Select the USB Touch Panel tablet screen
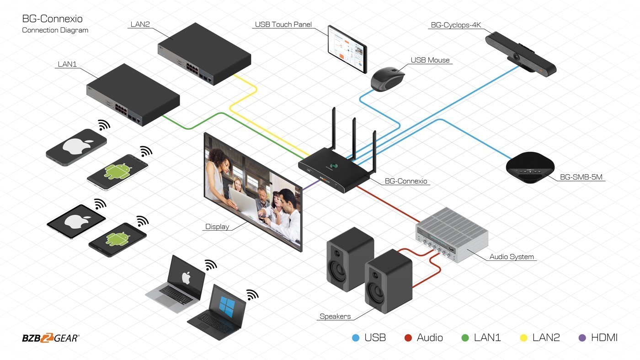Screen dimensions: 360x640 coord(347,48)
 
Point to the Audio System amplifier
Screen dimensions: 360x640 coord(452,236)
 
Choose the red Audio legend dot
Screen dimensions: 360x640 coord(409,338)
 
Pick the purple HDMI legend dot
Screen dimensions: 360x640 coord(582,338)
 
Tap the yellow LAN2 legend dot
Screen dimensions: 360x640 coord(524,338)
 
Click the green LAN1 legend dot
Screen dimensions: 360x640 coord(465,338)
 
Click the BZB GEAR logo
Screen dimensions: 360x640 coord(50,339)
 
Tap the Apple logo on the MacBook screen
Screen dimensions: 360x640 coord(186,277)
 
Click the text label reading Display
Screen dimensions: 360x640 coord(217,227)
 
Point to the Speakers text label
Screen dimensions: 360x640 coord(335,316)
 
